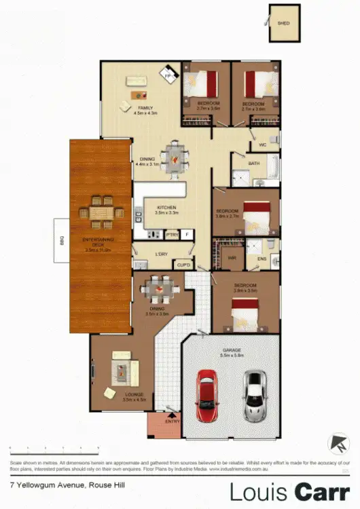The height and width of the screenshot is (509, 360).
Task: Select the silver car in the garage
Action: [255, 395]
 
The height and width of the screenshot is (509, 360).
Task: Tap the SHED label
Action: [283, 24]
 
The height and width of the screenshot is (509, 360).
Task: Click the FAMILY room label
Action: [145, 108]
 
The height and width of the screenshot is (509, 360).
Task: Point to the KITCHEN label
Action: [166, 207]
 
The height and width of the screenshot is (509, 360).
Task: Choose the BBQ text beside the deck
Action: [60, 239]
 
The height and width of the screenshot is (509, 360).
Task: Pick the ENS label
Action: [261, 259]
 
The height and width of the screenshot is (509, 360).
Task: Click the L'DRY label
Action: [161, 254]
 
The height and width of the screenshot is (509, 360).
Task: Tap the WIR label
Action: [232, 258]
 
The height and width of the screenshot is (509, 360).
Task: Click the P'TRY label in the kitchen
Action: [171, 235]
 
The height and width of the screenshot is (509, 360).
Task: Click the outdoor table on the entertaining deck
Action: [103, 212]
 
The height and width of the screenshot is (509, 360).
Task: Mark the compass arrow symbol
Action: [335, 445]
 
